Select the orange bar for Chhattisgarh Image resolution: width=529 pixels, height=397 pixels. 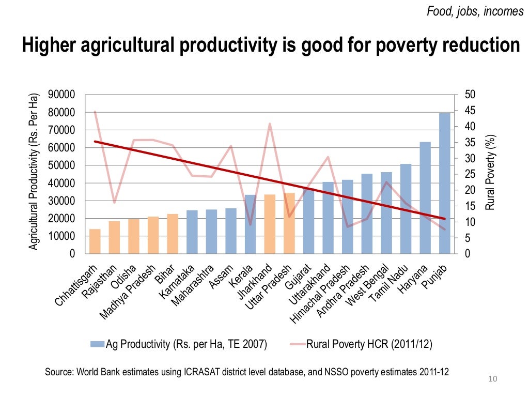(x=95, y=241)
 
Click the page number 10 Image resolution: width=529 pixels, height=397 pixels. (x=492, y=380)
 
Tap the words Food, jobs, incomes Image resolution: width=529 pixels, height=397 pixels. (x=475, y=11)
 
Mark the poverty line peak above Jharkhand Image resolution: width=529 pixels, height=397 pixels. (x=270, y=124)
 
